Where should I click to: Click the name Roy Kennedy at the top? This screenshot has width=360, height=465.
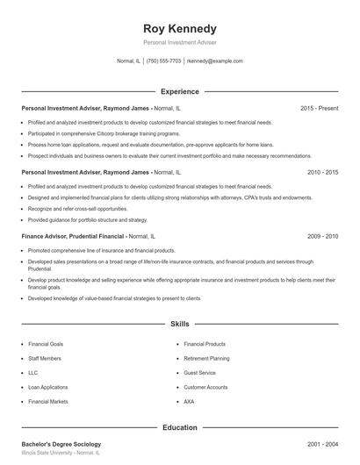(180, 28)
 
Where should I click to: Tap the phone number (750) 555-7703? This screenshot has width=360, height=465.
(163, 61)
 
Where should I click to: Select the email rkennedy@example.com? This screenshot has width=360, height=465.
(215, 61)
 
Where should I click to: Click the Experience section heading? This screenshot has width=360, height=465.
(180, 91)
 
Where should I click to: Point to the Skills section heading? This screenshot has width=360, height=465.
(180, 324)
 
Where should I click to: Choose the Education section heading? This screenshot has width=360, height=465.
(180, 427)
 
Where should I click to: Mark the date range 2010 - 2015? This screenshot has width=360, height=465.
(322, 172)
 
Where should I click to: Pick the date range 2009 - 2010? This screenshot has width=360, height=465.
(322, 236)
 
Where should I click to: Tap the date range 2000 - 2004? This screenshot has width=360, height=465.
(322, 444)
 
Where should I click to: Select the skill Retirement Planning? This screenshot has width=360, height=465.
(206, 358)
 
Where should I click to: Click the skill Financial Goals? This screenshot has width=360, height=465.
(46, 344)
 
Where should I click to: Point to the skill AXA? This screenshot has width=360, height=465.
(189, 401)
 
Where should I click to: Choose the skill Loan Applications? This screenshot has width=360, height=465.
(48, 387)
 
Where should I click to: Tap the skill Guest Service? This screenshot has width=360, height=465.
(199, 373)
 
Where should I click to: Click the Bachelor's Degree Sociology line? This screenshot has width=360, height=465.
(61, 444)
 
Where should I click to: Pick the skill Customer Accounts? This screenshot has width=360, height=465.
(205, 387)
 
